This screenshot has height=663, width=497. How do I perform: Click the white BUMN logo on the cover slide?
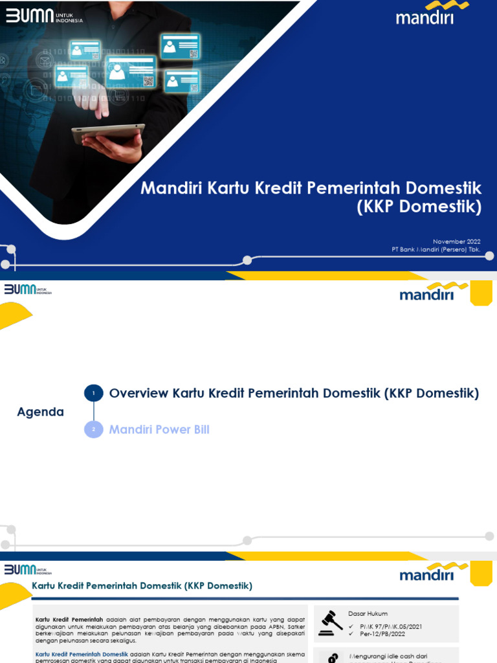click(x=44, y=16)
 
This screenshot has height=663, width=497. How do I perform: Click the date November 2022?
click(x=456, y=242)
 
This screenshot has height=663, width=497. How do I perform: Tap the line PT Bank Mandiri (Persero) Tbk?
click(x=436, y=249)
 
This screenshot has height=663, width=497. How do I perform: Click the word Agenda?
click(x=40, y=412)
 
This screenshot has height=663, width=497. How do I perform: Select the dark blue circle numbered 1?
click(x=93, y=393)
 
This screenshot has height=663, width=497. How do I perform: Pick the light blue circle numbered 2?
click(x=93, y=429)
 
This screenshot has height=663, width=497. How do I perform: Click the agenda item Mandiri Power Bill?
click(x=159, y=429)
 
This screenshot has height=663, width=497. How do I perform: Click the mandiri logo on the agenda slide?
click(x=426, y=293)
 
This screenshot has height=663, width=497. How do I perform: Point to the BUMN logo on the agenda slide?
click(x=28, y=289)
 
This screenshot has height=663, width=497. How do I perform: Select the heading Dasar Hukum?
click(x=368, y=613)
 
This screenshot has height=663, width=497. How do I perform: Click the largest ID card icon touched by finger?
click(x=131, y=71)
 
